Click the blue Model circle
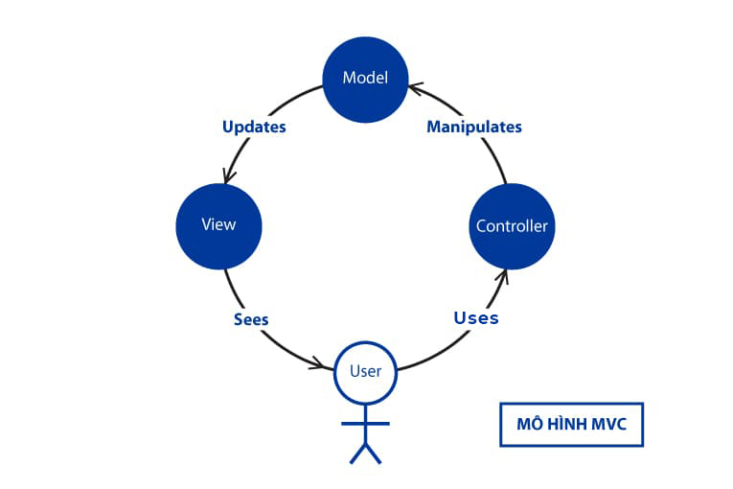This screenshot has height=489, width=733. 365,78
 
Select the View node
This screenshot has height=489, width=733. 218,226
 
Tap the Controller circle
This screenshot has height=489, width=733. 512,226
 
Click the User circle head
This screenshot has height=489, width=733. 365,372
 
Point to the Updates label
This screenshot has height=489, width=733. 254,127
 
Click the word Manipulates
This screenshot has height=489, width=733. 474,127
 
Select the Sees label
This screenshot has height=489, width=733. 251,319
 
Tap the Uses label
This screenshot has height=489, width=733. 476,317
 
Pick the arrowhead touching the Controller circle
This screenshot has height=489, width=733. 501,275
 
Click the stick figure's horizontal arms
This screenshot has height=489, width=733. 365,423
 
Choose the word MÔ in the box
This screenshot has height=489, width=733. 524,425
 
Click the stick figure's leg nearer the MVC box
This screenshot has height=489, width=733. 374,454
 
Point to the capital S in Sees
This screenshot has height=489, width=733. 239,319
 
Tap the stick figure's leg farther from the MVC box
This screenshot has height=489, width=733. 356,454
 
